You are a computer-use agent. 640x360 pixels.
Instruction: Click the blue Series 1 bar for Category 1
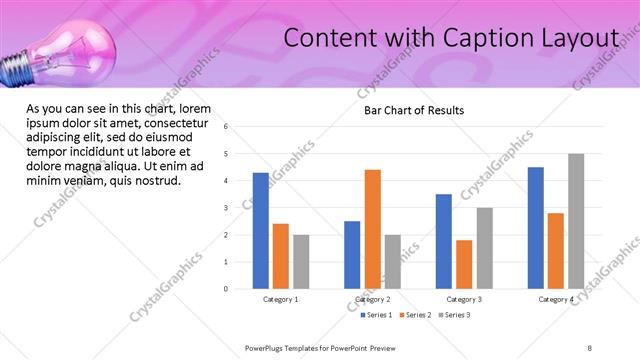[x=260, y=231]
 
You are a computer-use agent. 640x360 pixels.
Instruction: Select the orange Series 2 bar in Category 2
[x=372, y=229]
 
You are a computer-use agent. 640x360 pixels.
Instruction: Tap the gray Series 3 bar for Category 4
[x=576, y=221]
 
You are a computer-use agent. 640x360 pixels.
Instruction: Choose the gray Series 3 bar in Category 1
[x=301, y=262]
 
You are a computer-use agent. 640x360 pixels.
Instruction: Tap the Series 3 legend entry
[x=455, y=316]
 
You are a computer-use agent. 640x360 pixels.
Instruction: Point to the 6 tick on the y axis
[x=227, y=127]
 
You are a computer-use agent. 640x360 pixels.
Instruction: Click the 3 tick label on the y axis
[x=227, y=208]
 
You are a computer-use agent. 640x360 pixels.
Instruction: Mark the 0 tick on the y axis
[x=227, y=289]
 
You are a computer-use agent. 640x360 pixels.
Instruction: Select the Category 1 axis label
[x=281, y=300]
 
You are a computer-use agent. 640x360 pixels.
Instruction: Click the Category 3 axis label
[x=464, y=300]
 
